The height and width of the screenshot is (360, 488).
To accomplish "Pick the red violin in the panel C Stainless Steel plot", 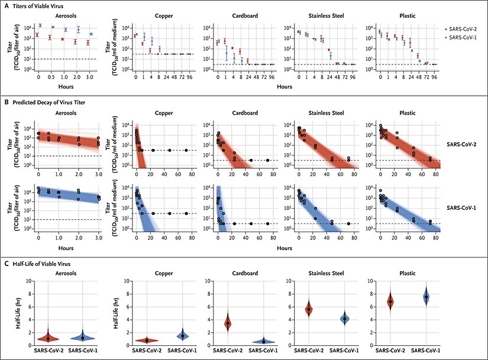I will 308,309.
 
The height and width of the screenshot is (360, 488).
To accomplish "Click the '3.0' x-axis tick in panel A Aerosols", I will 89,77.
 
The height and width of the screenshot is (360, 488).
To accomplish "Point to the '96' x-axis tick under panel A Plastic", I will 434,77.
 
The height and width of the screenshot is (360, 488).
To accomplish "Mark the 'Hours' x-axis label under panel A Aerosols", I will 63,87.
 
